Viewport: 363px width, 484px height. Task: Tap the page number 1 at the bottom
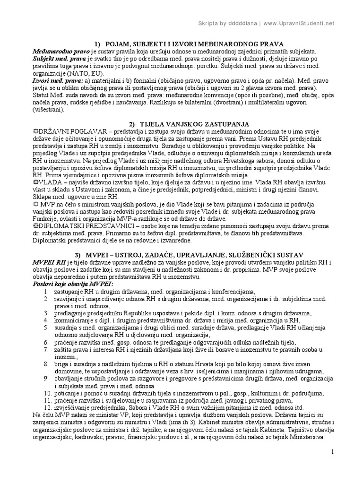click(332, 452)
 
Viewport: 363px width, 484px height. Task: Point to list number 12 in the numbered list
click(46, 408)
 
